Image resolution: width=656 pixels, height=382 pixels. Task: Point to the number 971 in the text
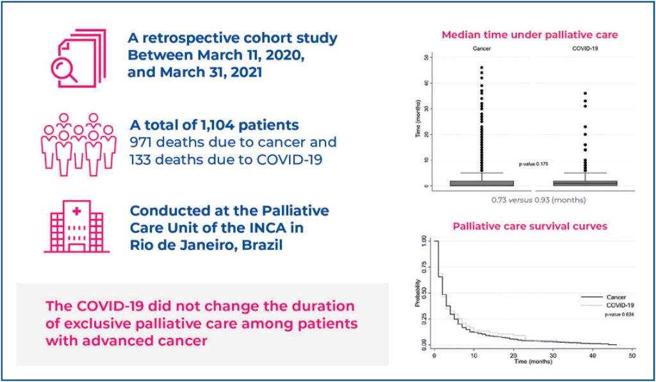coord(145,142)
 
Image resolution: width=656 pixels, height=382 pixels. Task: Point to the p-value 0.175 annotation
coord(534,164)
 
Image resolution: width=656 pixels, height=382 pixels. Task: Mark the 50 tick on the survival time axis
coord(632,354)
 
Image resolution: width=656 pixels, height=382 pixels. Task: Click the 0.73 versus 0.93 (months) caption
coord(538,201)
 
